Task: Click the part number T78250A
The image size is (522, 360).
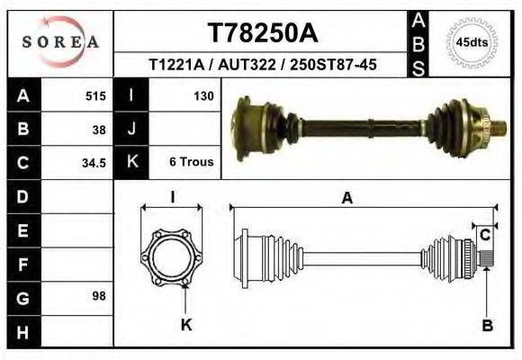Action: [x=263, y=33]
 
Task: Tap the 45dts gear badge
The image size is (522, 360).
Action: [x=472, y=42]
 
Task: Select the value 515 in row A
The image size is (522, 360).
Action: [x=96, y=95]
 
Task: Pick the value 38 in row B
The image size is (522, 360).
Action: [x=100, y=129]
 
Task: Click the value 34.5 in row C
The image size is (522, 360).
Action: [x=95, y=163]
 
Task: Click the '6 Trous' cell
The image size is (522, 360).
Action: [x=191, y=163]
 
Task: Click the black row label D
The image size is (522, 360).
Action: [x=22, y=196]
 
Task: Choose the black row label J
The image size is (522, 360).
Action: [x=132, y=129]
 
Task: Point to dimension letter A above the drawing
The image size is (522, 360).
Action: [x=347, y=200]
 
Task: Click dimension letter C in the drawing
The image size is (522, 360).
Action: [x=484, y=236]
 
